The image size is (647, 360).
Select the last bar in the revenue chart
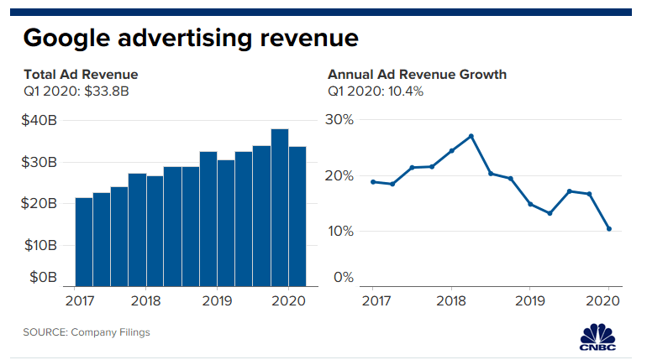click(297, 216)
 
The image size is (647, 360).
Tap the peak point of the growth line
click(471, 136)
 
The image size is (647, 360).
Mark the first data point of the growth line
click(372, 181)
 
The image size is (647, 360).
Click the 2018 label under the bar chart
click(147, 300)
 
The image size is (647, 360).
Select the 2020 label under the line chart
click(607, 300)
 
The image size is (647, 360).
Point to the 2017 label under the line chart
click(373, 300)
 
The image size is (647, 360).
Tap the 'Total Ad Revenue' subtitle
click(81, 75)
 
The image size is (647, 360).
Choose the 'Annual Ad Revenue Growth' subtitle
click(417, 75)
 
